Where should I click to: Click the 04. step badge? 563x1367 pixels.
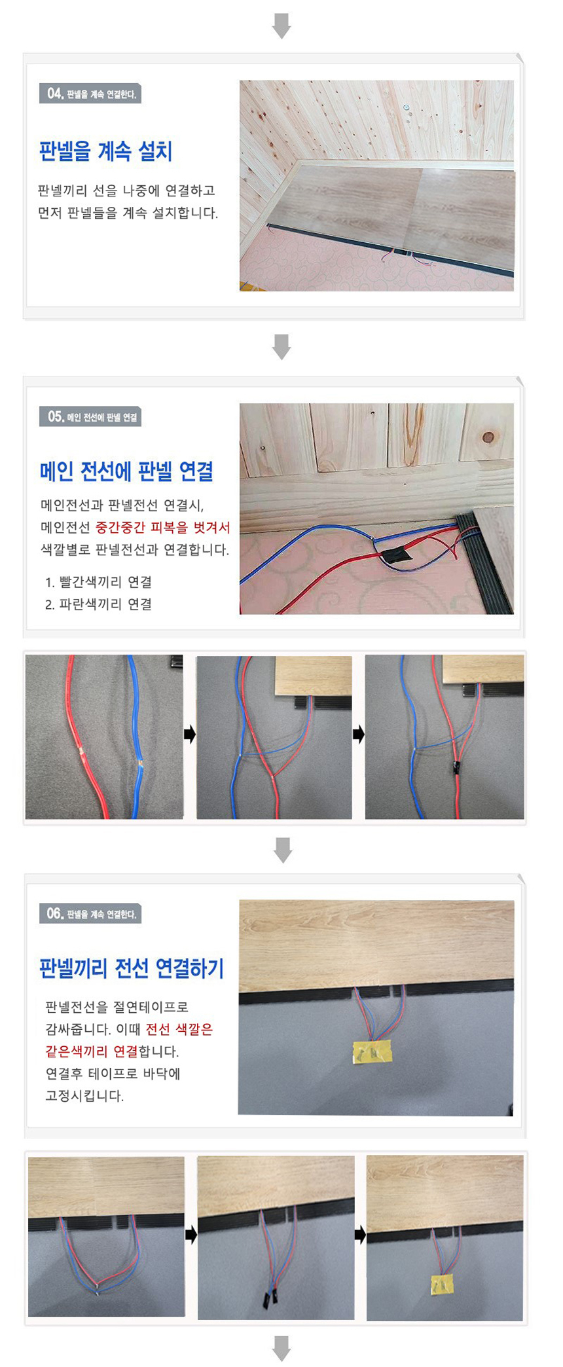tap(90, 94)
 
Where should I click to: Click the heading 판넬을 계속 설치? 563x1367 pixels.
tap(105, 152)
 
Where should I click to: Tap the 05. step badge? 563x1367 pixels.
tap(90, 417)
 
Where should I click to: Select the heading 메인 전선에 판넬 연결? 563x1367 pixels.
tap(126, 471)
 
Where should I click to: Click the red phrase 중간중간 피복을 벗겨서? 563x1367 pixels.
tap(163, 528)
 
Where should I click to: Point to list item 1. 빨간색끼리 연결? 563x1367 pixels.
tap(99, 582)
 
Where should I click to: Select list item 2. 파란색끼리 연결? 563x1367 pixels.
tap(99, 604)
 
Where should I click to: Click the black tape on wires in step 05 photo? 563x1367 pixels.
tap(397, 556)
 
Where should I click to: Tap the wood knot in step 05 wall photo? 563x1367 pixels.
tap(488, 437)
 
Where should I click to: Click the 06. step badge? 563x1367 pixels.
tap(90, 914)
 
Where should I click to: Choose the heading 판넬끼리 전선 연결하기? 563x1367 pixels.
tap(132, 968)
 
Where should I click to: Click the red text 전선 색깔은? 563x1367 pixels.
tap(179, 1029)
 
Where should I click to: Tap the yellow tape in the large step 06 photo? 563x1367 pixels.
tap(372, 1051)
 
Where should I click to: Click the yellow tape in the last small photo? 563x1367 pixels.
tap(442, 1285)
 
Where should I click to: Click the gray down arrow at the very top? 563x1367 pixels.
tap(281, 26)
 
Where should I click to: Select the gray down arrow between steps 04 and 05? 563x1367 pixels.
tap(281, 346)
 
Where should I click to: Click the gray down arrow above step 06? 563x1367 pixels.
tap(283, 850)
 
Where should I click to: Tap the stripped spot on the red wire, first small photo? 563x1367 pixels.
tap(81, 752)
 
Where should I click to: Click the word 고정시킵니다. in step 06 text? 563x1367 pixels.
tap(84, 1096)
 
